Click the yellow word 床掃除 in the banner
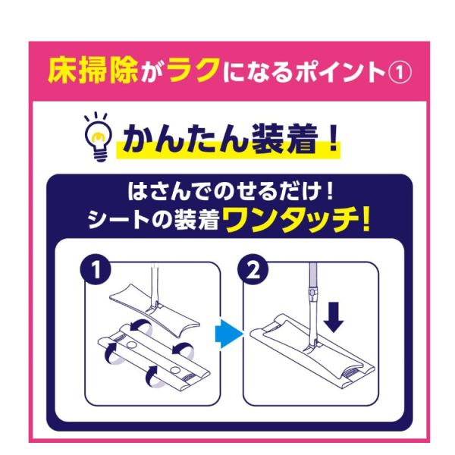click(93, 71)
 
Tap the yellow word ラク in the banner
click(193, 70)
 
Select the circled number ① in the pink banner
click(400, 73)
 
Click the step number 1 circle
click(96, 270)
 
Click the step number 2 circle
click(253, 270)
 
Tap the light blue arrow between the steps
click(229, 334)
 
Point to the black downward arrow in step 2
click(334, 317)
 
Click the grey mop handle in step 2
click(312, 305)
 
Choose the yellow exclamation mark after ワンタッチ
click(366, 220)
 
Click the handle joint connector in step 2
click(312, 293)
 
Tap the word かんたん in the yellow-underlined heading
click(185, 139)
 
